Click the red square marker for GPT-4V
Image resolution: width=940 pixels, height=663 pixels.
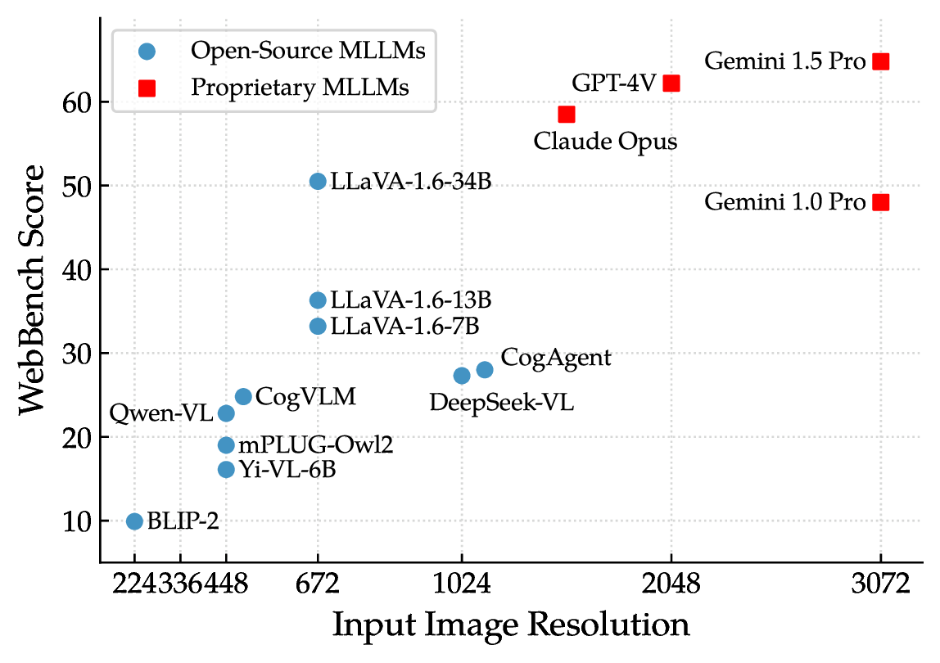pyautogui.click(x=671, y=83)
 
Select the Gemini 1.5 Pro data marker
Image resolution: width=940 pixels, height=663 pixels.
pyautogui.click(x=881, y=61)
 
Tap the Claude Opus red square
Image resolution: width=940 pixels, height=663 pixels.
pyautogui.click(x=567, y=114)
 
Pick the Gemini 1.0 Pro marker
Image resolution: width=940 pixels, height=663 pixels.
pyautogui.click(x=881, y=202)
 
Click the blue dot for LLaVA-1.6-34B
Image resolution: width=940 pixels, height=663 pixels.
pyautogui.click(x=318, y=181)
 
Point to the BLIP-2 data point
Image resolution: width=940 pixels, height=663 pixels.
pyautogui.click(x=134, y=521)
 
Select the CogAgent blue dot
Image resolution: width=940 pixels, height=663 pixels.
pyautogui.click(x=485, y=369)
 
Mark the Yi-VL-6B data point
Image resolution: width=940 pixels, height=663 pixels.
pyautogui.click(x=226, y=469)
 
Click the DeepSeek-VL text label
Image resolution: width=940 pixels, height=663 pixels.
pyautogui.click(x=502, y=403)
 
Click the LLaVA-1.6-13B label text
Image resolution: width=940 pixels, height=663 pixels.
pyautogui.click(x=411, y=300)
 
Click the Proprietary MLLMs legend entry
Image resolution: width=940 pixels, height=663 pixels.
pyautogui.click(x=300, y=88)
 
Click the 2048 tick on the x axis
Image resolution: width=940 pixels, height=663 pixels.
pyautogui.click(x=671, y=584)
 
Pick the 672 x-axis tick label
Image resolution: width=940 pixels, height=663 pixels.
pyautogui.click(x=318, y=584)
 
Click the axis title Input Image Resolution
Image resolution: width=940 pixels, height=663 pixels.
pyautogui.click(x=511, y=625)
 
